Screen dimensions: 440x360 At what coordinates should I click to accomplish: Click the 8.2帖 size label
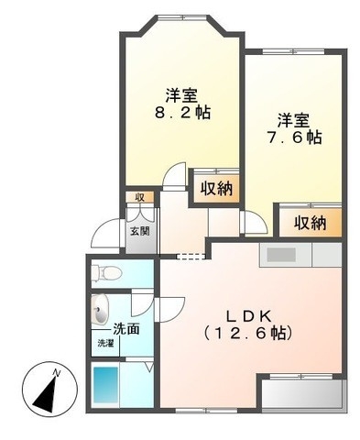pyautogui.click(x=182, y=113)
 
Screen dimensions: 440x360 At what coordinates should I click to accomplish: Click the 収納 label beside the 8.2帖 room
pyautogui.click(x=216, y=188)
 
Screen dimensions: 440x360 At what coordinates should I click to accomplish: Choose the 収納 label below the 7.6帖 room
pyautogui.click(x=311, y=222)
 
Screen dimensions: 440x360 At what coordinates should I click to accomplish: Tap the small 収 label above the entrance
pyautogui.click(x=140, y=197)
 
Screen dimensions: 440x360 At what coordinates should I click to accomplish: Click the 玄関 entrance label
pyautogui.click(x=140, y=231)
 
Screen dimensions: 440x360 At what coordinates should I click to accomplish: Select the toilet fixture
pyautogui.click(x=106, y=271)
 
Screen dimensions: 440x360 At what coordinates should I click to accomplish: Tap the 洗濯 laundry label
pyautogui.click(x=107, y=344)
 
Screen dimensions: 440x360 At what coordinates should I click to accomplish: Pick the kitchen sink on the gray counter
pyautogui.click(x=281, y=254)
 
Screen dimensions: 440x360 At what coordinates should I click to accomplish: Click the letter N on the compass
pyautogui.click(x=57, y=372)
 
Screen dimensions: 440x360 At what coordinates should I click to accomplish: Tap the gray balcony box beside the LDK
pyautogui.click(x=302, y=393)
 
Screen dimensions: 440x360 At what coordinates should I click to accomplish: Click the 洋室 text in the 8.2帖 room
pyautogui.click(x=181, y=94)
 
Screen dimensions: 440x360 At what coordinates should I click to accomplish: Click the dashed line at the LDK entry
pyautogui.click(x=187, y=254)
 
